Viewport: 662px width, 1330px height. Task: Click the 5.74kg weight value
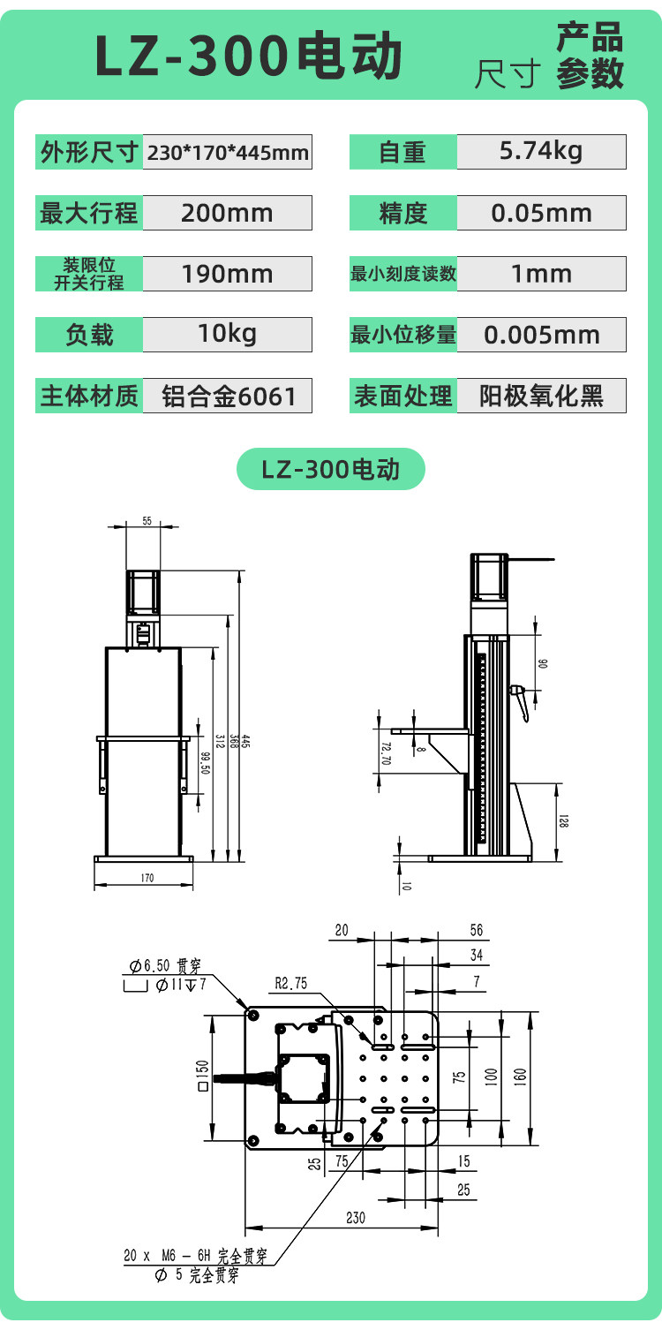pos(541,151)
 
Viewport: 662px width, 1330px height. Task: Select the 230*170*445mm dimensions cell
pos(227,152)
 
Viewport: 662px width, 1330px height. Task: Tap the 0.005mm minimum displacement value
pos(541,335)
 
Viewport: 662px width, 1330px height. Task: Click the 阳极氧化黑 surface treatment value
pos(541,396)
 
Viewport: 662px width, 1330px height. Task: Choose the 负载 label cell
pos(89,335)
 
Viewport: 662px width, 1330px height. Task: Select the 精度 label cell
pos(402,213)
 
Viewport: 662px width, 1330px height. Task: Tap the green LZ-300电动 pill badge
pos(330,469)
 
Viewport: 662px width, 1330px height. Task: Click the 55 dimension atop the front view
pos(147,521)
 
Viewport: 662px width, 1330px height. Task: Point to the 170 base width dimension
pos(147,878)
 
